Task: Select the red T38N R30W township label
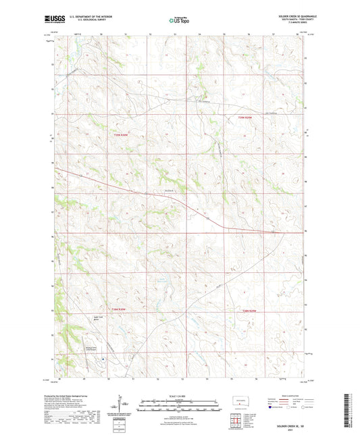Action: point(120,309)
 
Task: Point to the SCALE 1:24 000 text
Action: point(180,395)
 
